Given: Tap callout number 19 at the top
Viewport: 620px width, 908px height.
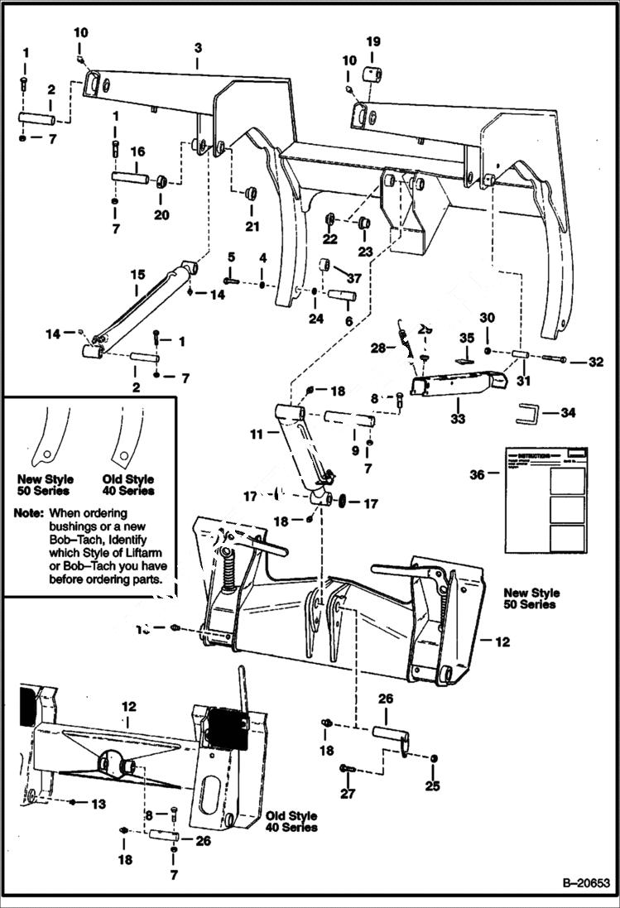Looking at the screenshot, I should tap(373, 41).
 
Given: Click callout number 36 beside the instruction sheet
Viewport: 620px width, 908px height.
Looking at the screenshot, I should tap(477, 474).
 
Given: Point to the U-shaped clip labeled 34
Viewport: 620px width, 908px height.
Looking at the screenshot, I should tap(529, 412).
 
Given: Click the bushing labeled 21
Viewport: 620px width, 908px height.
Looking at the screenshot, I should tap(248, 195).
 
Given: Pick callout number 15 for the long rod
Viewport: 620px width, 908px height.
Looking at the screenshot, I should tap(138, 275).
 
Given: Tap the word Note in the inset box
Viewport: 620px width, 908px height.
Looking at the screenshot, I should tap(30, 512).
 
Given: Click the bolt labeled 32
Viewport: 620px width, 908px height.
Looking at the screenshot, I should tap(554, 359).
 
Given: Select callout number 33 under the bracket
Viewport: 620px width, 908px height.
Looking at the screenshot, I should tap(458, 420).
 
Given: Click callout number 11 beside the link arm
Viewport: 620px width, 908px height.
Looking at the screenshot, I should tap(257, 433).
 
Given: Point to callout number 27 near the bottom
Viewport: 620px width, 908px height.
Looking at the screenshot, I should tap(347, 794).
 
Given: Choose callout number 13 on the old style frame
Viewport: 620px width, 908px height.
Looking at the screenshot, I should tap(99, 804).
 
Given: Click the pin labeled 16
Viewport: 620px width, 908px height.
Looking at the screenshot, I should tap(130, 177).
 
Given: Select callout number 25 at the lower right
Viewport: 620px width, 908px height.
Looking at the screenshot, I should tap(433, 785).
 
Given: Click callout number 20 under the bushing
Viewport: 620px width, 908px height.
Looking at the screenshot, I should tap(161, 214).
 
